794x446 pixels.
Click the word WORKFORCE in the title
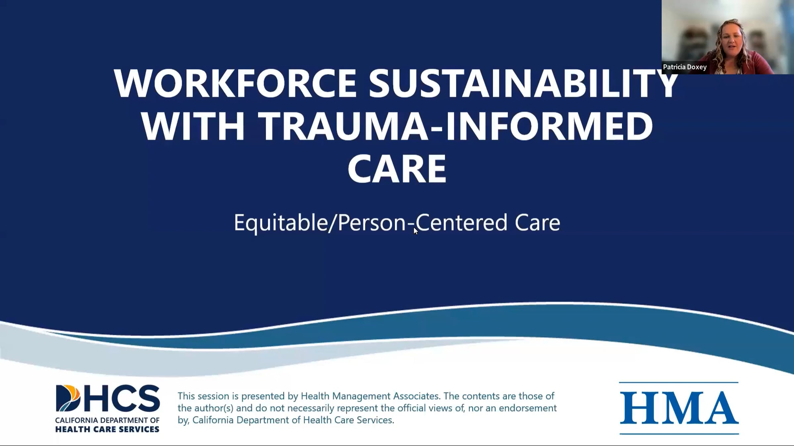click(235, 83)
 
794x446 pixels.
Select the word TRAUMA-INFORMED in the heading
click(457, 126)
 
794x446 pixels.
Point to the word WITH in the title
click(193, 126)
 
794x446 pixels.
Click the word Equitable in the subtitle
click(281, 223)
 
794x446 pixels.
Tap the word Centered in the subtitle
click(462, 223)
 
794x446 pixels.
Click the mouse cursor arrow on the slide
click(416, 231)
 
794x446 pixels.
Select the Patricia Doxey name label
click(684, 67)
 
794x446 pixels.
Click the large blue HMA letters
click(679, 408)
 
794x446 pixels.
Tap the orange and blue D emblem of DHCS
click(68, 398)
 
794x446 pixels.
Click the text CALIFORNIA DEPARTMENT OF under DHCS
click(107, 421)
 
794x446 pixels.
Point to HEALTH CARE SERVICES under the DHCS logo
click(107, 429)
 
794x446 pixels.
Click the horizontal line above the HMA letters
click(679, 383)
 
